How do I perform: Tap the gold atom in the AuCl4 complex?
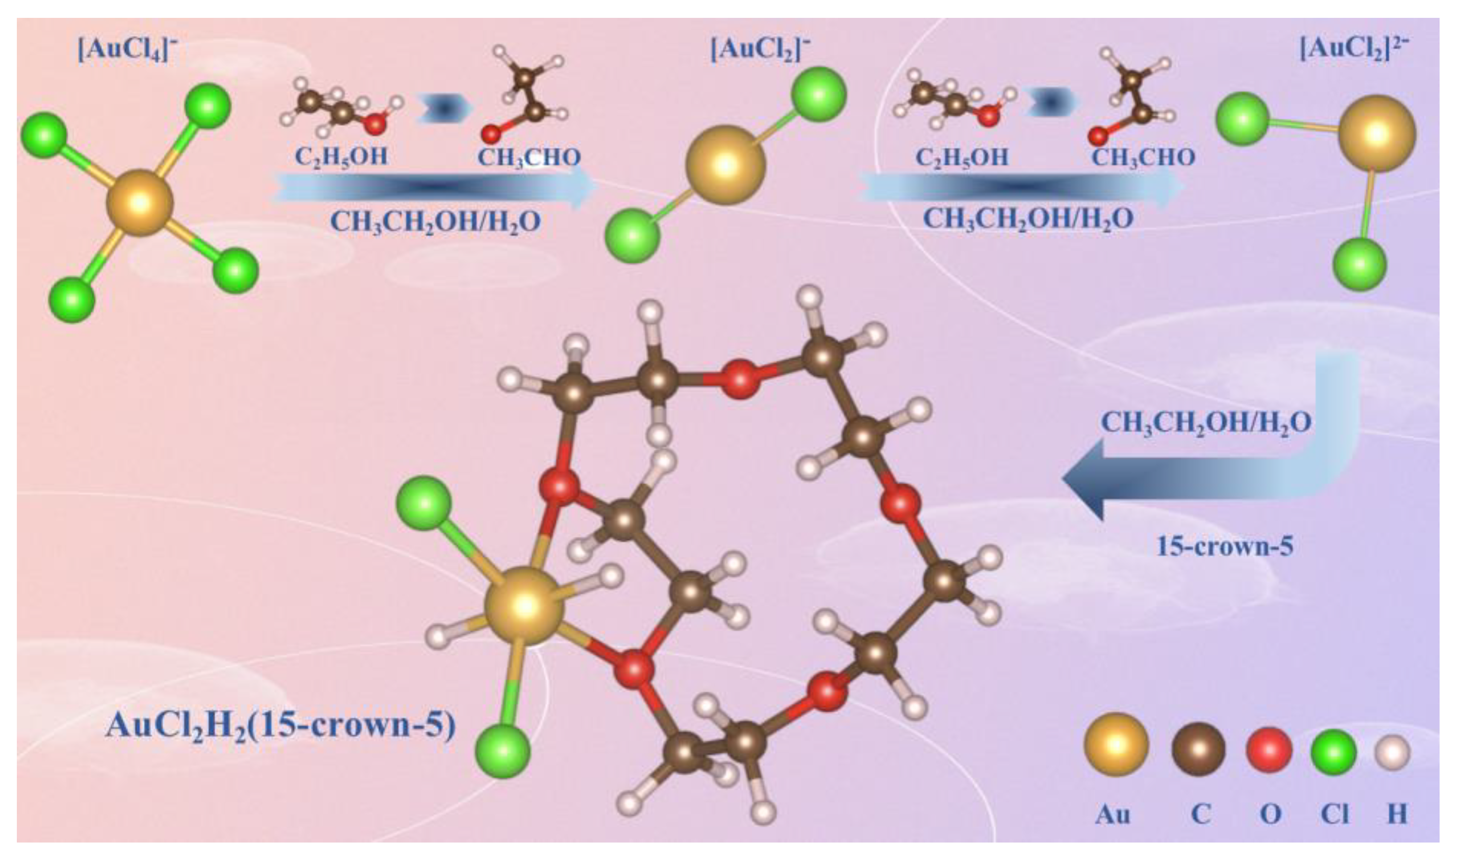[x=140, y=203]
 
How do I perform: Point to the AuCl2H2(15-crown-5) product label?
[x=281, y=726]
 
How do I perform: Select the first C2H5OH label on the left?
[x=341, y=156]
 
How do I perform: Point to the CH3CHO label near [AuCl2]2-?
[x=1143, y=156]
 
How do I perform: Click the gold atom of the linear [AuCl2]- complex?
[x=725, y=165]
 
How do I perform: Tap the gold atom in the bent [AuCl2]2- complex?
[x=1376, y=133]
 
